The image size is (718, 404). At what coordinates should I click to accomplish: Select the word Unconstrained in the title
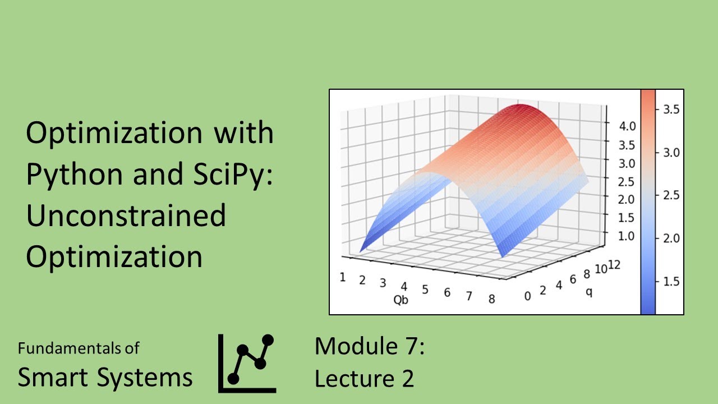(x=126, y=216)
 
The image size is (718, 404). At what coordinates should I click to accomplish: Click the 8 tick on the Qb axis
(x=491, y=299)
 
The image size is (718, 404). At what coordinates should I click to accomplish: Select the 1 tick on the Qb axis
(x=342, y=277)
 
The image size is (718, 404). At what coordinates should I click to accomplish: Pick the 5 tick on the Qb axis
(x=425, y=290)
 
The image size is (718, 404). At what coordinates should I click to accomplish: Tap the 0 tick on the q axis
(x=527, y=296)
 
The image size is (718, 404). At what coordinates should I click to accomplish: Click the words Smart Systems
(x=105, y=378)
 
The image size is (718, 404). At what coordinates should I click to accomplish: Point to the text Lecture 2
(x=364, y=379)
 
